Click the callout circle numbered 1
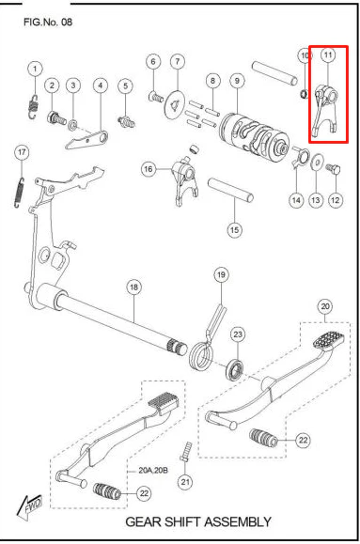(35, 69)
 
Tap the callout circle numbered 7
(178, 61)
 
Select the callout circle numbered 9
(237, 81)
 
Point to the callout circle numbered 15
(234, 229)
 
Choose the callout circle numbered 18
(134, 287)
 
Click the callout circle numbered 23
(238, 334)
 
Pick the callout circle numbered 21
(185, 482)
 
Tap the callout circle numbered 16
(149, 169)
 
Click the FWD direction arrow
(30, 506)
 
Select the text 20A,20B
(153, 471)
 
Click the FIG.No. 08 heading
(48, 23)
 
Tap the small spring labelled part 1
(33, 106)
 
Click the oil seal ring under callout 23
(235, 370)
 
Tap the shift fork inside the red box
(325, 110)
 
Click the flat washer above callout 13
(318, 162)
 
